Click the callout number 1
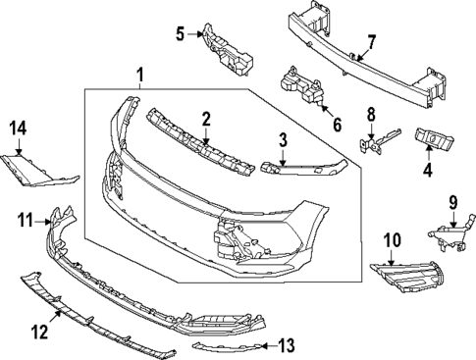(x=139, y=74)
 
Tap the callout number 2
(x=206, y=119)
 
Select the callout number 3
(x=282, y=139)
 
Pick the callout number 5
(x=180, y=35)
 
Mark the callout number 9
(x=453, y=203)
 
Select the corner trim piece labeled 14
(x=39, y=170)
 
